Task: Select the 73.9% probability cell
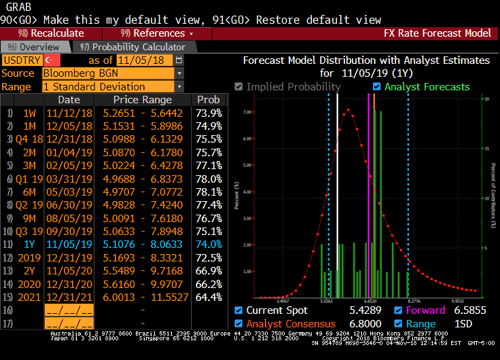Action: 209,113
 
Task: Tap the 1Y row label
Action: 29,244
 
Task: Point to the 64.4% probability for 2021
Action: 209,297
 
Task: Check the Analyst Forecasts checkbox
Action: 377,87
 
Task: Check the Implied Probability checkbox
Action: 238,87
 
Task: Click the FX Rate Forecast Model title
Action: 437,33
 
